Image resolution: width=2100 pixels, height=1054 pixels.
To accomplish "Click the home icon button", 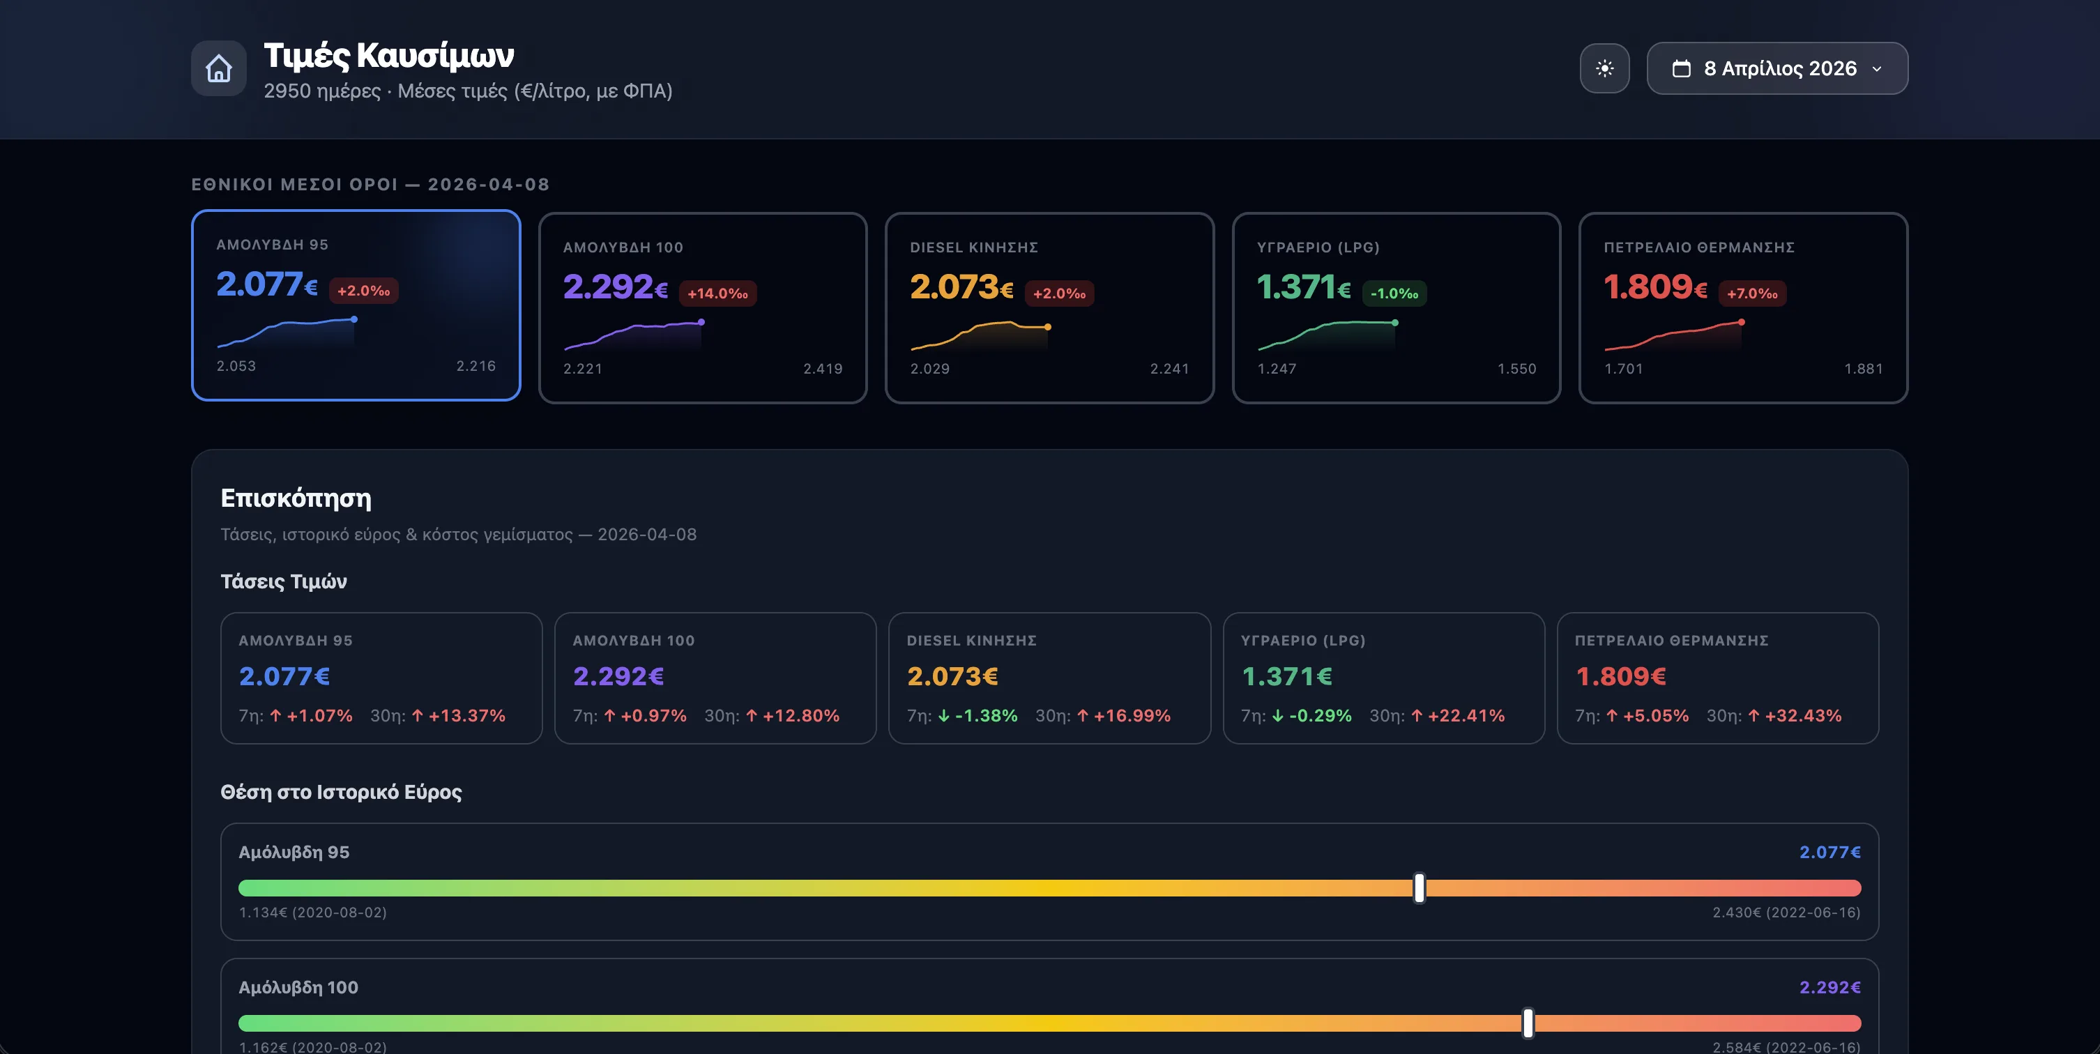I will coord(218,68).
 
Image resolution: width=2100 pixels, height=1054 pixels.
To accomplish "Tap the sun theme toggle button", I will coord(1604,68).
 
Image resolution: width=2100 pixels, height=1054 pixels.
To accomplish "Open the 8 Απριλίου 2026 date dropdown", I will coord(1777,68).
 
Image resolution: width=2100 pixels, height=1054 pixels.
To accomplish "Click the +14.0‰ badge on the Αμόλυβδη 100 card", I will coord(717,293).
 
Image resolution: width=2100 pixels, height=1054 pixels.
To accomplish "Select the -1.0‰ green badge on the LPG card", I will coord(1394,293).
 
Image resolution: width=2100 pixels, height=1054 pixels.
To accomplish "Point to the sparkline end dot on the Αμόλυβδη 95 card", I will coord(353,319).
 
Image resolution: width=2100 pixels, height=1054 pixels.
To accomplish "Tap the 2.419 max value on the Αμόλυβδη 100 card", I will coord(823,369).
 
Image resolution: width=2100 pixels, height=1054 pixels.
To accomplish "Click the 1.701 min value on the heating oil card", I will coord(1623,369).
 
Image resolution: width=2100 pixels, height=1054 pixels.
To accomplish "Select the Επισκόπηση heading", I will coord(296,498).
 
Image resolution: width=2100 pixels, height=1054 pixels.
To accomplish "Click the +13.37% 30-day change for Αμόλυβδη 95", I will coord(466,716).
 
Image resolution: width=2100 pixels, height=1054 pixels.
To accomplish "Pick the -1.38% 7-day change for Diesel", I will coord(986,716).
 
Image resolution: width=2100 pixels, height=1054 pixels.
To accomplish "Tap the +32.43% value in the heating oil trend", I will coord(1802,716).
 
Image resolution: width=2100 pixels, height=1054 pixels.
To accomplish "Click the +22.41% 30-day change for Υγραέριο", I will coord(1466,716).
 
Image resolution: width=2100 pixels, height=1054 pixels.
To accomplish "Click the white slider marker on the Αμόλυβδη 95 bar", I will coord(1420,887).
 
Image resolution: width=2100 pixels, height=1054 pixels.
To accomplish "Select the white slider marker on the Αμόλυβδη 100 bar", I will coord(1528,1023).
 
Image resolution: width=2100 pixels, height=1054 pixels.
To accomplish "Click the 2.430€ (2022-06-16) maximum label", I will coord(1786,912).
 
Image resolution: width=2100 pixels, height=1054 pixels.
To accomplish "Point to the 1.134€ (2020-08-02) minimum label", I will coord(312,912).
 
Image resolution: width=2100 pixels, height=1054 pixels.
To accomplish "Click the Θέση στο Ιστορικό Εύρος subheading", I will coord(341,793).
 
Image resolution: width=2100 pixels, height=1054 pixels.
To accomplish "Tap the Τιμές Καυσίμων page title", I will coord(389,56).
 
